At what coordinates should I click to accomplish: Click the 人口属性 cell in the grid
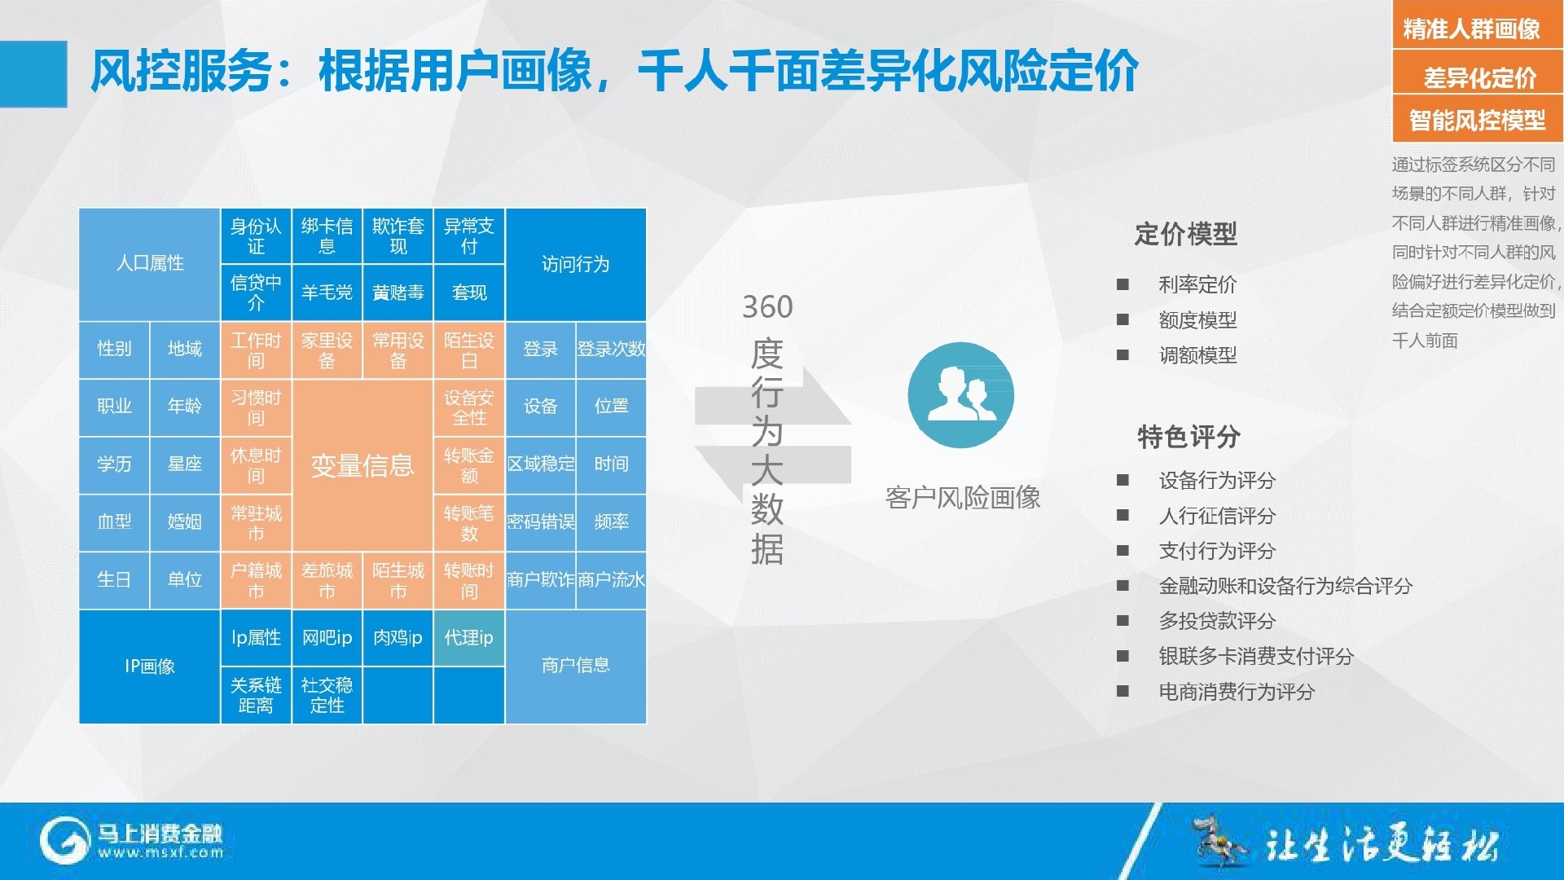tap(150, 264)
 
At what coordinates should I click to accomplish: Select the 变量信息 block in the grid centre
tap(362, 465)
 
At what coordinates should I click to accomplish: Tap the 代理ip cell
tap(469, 637)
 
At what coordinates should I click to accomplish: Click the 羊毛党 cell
tap(327, 293)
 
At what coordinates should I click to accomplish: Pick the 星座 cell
tap(185, 464)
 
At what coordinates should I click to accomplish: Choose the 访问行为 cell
tap(576, 264)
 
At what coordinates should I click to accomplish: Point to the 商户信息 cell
tap(576, 666)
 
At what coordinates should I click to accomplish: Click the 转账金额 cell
tap(469, 464)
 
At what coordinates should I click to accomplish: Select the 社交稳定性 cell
tap(327, 695)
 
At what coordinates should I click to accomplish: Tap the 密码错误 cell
tap(541, 522)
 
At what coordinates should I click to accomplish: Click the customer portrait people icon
tap(961, 395)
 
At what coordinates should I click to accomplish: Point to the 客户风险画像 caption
tap(963, 497)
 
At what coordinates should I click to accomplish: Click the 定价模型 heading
tap(1186, 235)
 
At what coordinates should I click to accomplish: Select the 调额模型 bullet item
tap(1197, 355)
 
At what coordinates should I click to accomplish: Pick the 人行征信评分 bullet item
tap(1217, 516)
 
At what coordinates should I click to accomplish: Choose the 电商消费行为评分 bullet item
tap(1237, 692)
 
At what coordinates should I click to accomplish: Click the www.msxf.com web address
tap(161, 853)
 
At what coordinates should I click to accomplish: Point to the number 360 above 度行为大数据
tap(767, 307)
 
